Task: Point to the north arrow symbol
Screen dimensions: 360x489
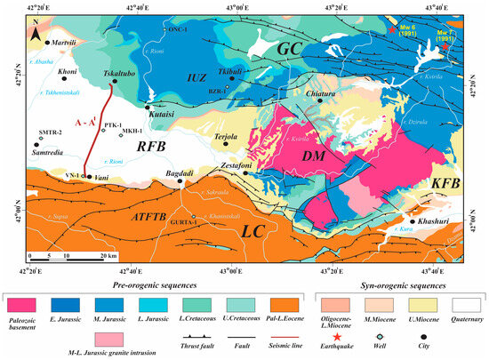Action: pyautogui.click(x=34, y=34)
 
